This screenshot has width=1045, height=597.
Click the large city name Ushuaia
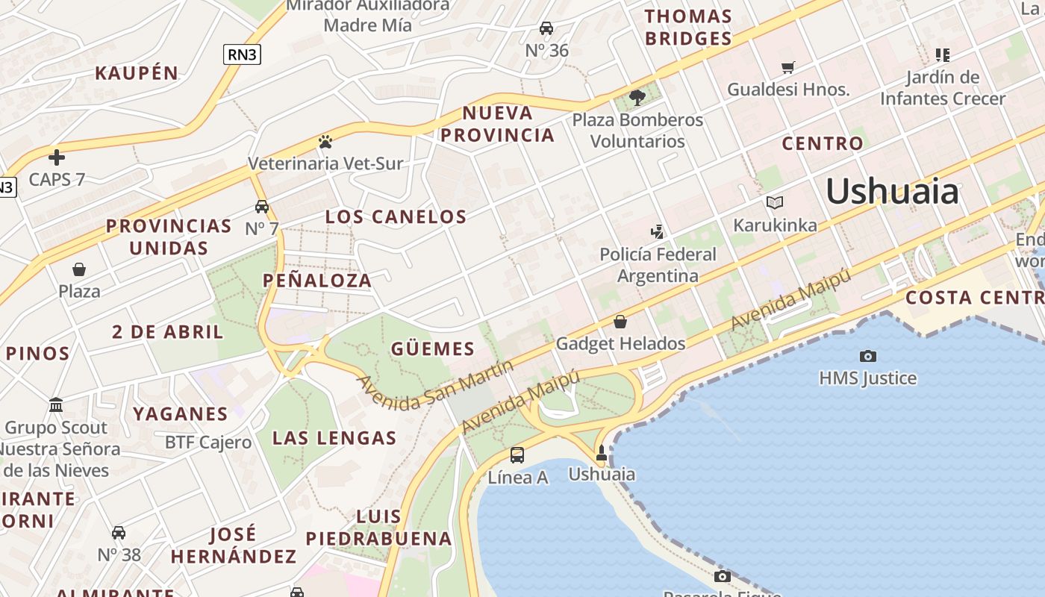click(892, 192)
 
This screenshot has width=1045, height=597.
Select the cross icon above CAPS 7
click(57, 157)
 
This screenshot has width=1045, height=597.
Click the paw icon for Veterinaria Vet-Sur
click(325, 141)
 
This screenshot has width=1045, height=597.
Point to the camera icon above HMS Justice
click(867, 357)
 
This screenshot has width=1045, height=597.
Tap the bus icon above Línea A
click(517, 454)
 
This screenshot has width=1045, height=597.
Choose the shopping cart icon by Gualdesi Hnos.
click(787, 68)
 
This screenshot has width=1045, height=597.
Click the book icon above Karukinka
click(775, 202)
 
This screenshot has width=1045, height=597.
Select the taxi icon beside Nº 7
click(261, 207)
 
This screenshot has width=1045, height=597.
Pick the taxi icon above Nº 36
click(546, 28)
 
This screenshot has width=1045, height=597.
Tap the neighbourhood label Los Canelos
click(396, 217)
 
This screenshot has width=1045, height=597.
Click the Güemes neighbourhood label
click(433, 348)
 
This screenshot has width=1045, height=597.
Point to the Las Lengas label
click(334, 438)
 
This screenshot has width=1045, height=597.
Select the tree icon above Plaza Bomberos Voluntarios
click(637, 97)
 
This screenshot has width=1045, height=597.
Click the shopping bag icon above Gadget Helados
click(620, 322)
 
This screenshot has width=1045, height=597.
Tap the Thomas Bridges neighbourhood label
click(687, 28)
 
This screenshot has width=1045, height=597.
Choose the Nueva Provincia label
click(497, 124)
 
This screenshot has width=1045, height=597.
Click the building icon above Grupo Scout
click(56, 405)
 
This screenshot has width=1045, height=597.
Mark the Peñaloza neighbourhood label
click(317, 281)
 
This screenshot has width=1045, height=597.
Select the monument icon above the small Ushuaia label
click(601, 453)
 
